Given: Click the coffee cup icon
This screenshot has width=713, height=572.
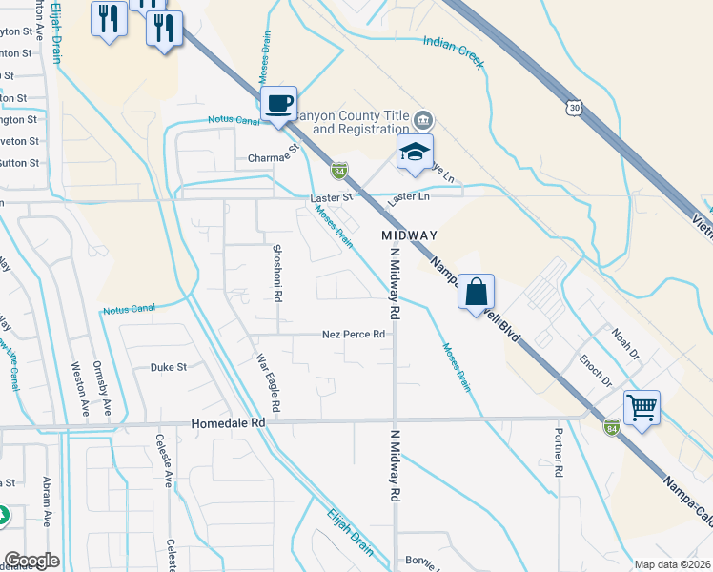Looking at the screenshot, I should tap(278, 103).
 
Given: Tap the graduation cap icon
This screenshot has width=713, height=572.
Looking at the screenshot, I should tap(415, 152).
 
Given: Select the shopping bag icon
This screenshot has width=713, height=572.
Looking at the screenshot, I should tap(476, 290).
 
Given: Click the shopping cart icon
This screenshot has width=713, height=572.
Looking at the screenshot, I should tap(642, 407).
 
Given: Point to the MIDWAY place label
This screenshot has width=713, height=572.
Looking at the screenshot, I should tap(409, 235).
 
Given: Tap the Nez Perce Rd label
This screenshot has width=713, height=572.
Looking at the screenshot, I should tap(353, 335).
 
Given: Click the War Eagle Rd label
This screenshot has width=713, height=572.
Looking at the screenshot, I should tap(268, 384).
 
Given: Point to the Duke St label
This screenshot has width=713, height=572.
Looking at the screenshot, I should tap(169, 366).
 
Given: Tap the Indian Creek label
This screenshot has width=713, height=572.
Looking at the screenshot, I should tap(455, 52).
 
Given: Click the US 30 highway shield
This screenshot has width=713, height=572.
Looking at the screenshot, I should tap(573, 109).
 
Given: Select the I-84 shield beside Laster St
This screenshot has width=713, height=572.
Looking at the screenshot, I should tap(339, 171).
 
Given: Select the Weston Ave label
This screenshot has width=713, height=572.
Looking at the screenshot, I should tap(79, 386).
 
